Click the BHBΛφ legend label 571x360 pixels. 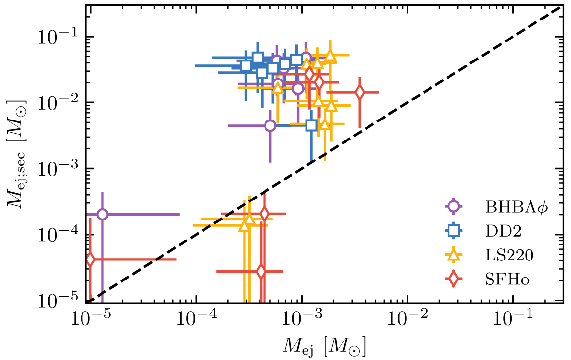[516, 206]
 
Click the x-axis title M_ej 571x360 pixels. [324, 347]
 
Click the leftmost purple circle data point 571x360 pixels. [102, 214]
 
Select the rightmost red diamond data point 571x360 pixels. [360, 92]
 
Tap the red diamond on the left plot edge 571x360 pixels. [90, 260]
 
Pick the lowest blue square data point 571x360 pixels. [312, 125]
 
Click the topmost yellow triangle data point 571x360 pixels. [330, 55]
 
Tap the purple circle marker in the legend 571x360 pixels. [454, 206]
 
